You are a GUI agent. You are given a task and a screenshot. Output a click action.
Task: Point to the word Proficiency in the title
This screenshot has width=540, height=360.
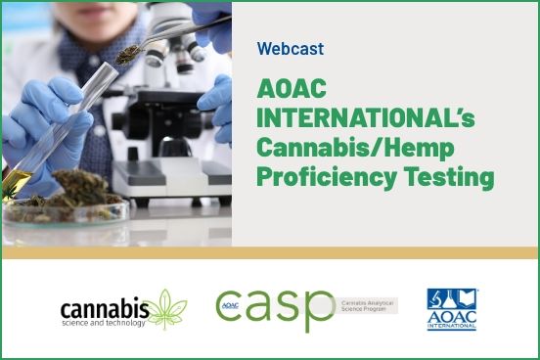(318, 180)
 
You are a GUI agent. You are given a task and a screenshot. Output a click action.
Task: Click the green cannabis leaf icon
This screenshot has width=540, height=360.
(167, 308)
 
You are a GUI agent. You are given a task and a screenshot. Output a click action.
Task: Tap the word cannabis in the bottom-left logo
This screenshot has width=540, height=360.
(105, 308)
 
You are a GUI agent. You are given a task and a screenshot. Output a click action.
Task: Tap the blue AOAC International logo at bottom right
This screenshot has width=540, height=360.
(452, 310)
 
